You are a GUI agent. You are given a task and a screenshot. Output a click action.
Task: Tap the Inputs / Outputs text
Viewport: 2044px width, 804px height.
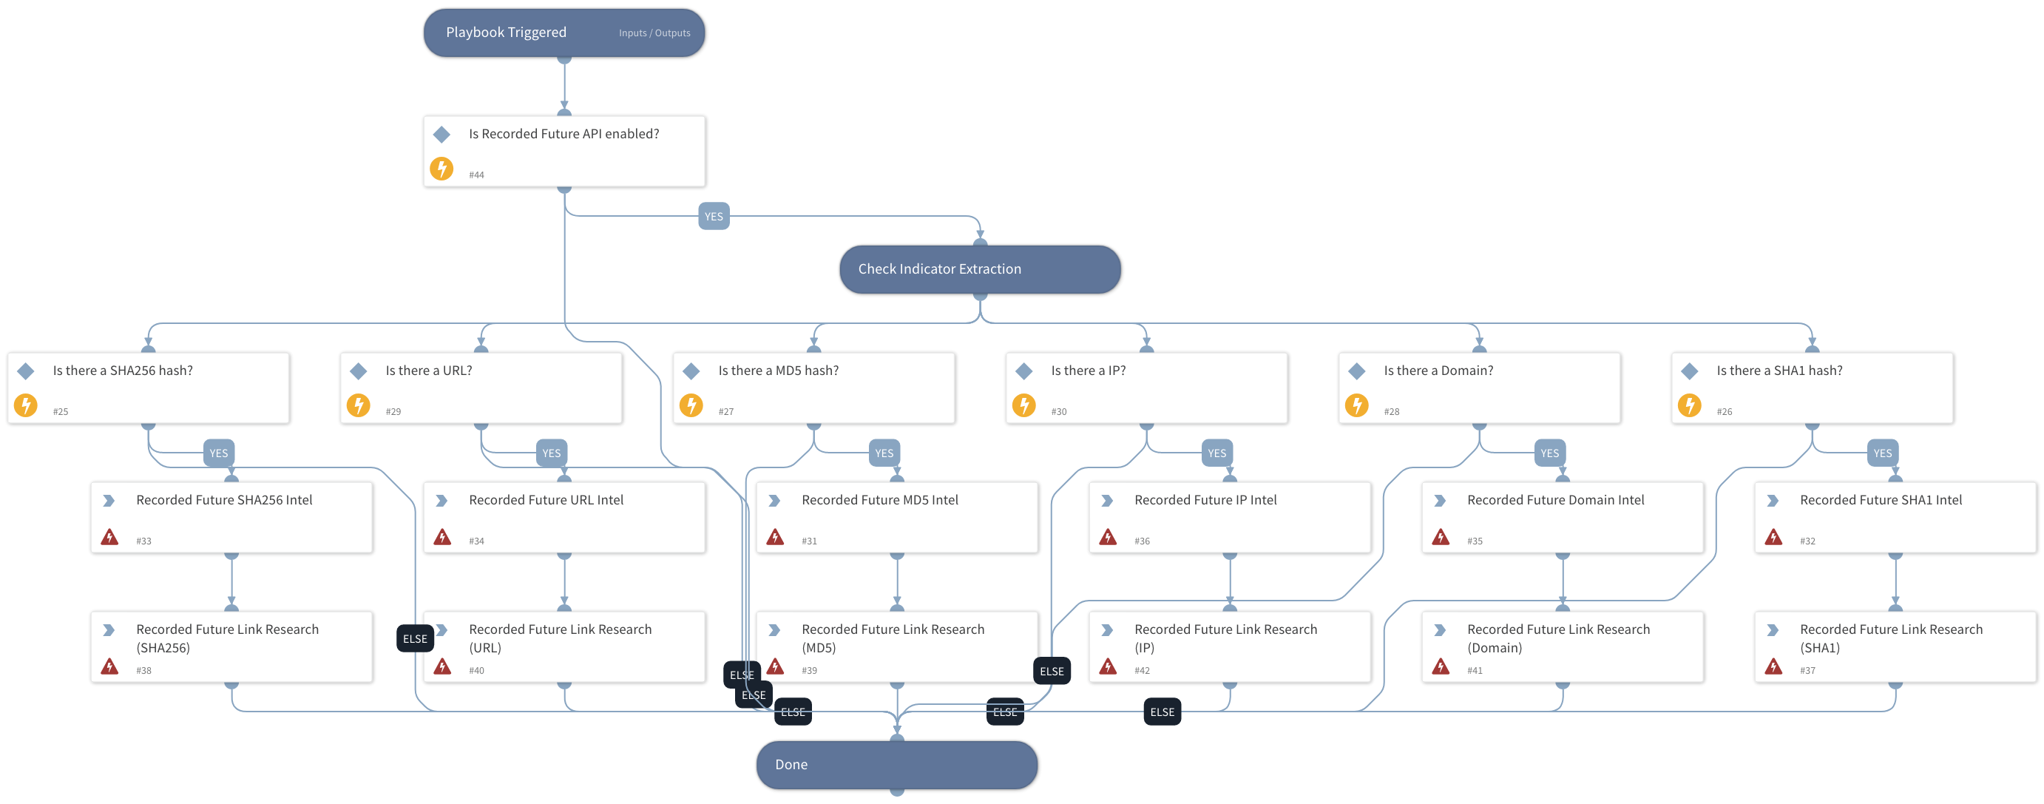(x=654, y=33)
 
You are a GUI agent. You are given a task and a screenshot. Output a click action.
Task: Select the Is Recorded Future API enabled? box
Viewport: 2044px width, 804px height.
(x=564, y=151)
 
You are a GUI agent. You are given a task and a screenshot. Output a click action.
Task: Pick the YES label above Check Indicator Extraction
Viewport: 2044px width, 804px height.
(x=714, y=216)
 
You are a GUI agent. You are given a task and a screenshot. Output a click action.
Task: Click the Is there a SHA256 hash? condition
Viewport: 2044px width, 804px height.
(x=149, y=388)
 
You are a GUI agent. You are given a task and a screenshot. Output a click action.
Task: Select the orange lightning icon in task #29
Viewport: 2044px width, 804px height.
(x=359, y=405)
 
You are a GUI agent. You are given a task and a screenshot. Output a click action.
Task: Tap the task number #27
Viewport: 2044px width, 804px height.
(x=725, y=412)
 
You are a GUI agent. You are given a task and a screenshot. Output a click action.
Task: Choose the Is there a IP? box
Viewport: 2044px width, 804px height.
(x=1145, y=388)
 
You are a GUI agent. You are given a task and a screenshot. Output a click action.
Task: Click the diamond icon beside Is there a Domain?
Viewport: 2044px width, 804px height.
(x=1357, y=371)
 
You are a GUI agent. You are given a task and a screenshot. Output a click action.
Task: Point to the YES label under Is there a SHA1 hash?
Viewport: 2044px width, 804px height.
(x=1882, y=453)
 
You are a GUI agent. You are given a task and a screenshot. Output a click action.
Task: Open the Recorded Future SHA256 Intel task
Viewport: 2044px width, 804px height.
(x=231, y=517)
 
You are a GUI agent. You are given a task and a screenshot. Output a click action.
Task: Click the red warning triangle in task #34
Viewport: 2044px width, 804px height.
(x=443, y=537)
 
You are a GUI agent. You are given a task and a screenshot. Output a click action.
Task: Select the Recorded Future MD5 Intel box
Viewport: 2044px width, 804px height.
(x=896, y=517)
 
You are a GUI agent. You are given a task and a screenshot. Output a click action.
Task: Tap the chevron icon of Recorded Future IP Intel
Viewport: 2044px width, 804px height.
(x=1108, y=501)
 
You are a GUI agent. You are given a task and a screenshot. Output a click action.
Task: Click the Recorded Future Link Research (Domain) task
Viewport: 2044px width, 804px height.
(x=1562, y=646)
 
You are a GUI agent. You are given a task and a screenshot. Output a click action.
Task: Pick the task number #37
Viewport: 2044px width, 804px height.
(x=1807, y=671)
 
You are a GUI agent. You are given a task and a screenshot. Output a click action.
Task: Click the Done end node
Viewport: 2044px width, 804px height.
(x=896, y=764)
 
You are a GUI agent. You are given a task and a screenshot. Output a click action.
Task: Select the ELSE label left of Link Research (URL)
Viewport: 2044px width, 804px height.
(x=414, y=639)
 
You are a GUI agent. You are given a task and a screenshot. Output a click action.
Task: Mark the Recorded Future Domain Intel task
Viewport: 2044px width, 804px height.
(x=1562, y=517)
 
